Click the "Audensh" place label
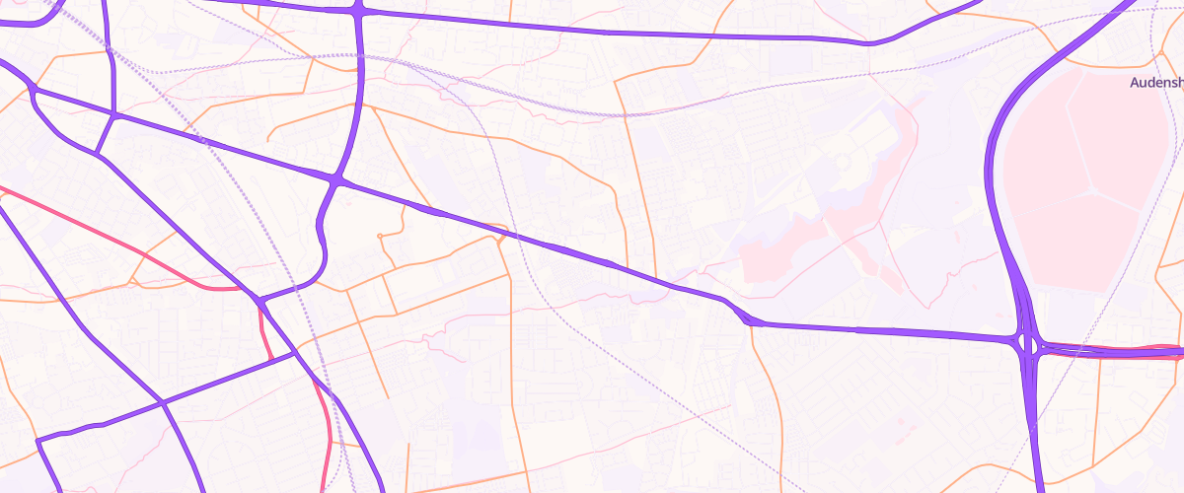click(1155, 84)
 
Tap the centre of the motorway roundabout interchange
click(1029, 345)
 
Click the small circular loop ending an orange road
click(380, 236)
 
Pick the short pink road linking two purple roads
click(264, 330)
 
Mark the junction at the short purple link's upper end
click(115, 116)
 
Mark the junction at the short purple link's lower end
click(97, 153)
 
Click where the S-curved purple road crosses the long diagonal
click(337, 180)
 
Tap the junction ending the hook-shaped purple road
click(259, 300)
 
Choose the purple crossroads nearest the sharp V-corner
click(162, 402)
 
